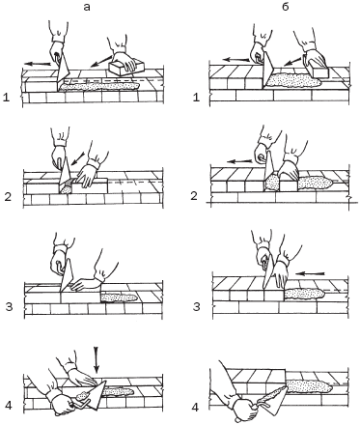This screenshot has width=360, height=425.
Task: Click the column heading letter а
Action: [x=87, y=8]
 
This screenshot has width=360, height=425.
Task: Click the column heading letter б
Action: [x=286, y=7]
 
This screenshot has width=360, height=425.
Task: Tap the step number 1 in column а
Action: [x=6, y=98]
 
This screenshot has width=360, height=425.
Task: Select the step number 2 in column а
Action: [x=8, y=196]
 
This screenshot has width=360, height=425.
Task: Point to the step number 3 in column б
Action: [x=196, y=307]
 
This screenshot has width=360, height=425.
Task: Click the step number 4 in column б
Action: [x=195, y=408]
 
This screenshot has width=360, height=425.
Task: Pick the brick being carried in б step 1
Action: [x=318, y=70]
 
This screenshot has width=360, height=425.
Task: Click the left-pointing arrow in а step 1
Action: [x=38, y=64]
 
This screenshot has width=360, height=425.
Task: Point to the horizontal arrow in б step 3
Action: [x=311, y=273]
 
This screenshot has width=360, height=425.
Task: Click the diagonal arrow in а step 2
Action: [x=78, y=158]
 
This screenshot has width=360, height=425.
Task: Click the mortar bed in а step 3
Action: [x=120, y=297]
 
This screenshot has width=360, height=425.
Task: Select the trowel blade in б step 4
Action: [x=273, y=399]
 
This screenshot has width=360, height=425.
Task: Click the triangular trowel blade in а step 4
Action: [x=95, y=394]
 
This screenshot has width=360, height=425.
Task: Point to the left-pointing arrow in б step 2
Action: [x=238, y=159]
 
